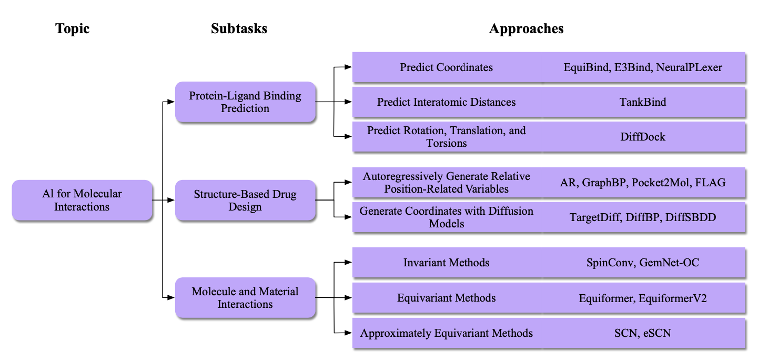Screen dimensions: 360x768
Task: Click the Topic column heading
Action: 73,28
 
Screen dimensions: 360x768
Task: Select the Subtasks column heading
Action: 239,28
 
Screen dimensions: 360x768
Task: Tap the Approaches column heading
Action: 526,28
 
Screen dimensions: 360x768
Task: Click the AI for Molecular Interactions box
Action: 82,201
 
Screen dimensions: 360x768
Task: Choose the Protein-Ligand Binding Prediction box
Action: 245,102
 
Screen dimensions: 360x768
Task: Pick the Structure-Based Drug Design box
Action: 245,201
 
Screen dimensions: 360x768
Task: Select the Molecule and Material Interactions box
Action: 245,298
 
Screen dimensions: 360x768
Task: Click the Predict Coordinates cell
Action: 446,67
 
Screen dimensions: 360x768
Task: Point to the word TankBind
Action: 642,102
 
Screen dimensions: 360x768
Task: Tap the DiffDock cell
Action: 642,137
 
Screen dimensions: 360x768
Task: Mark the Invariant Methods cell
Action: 446,263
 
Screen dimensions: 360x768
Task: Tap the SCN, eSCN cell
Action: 642,333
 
